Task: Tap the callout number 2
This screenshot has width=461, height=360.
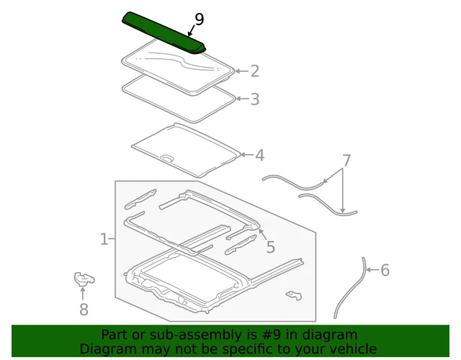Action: pos(254,71)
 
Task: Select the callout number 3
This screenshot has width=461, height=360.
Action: pos(254,99)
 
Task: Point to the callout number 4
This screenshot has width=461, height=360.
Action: pos(259,156)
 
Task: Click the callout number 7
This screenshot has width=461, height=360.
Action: pos(346,161)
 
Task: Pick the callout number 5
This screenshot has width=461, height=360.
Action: pos(270,247)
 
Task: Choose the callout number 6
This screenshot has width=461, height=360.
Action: pos(385,270)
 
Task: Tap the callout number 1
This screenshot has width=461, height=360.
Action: pos(104,239)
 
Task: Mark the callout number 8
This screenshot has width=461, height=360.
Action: pos(84,310)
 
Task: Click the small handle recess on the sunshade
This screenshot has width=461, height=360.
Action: pos(166,158)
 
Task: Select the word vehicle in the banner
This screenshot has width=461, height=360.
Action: pos(352,348)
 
